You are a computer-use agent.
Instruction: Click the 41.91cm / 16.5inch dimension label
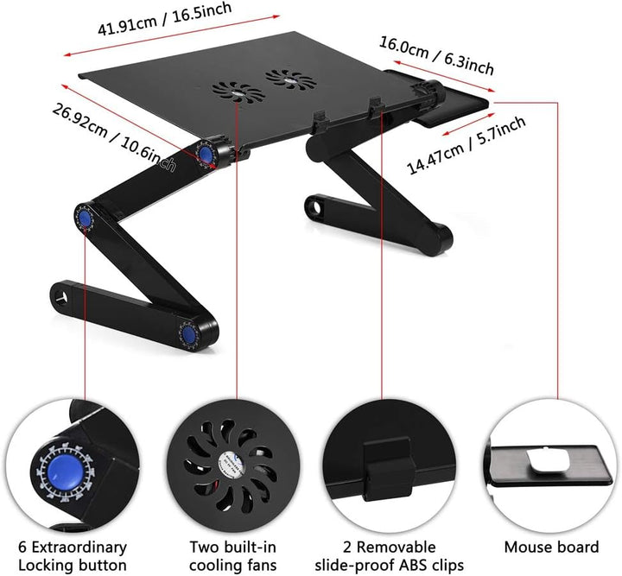[x=165, y=19]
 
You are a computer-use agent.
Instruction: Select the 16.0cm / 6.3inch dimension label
[x=437, y=55]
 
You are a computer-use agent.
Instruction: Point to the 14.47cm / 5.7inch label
[x=466, y=145]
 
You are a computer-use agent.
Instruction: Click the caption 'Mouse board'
[x=551, y=547]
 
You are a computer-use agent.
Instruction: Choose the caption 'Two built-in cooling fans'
[x=233, y=556]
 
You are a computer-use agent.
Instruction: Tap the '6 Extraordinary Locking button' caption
[x=73, y=556]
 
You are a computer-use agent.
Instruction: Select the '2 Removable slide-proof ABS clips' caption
[x=389, y=556]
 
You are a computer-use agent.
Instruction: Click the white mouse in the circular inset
[x=549, y=460]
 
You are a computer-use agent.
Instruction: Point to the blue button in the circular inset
[x=66, y=474]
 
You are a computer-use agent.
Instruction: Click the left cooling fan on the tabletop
[x=238, y=92]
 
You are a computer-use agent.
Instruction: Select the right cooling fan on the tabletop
[x=291, y=79]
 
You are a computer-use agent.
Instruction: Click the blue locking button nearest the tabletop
[x=206, y=154]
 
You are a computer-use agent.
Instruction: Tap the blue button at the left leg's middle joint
[x=84, y=218]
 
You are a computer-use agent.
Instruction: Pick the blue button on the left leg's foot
[x=189, y=335]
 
